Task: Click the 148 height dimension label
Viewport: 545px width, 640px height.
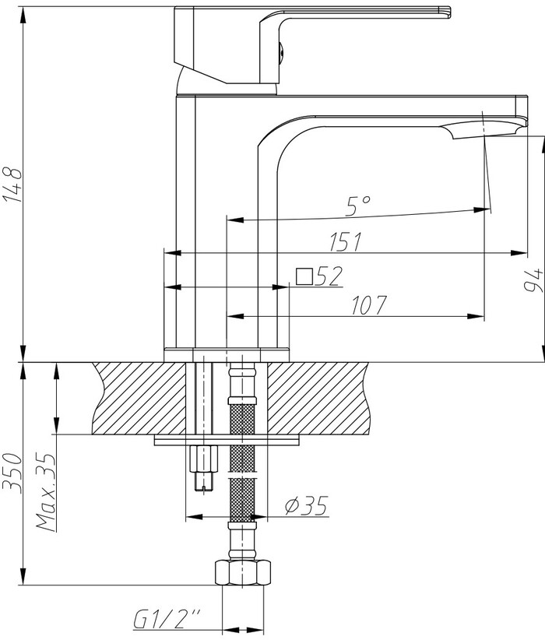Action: (x=12, y=185)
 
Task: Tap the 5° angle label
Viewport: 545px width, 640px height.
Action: (x=358, y=206)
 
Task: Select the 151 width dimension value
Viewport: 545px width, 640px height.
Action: (x=346, y=242)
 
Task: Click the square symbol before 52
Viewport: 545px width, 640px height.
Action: (x=304, y=276)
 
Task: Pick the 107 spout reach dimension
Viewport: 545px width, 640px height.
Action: (x=368, y=305)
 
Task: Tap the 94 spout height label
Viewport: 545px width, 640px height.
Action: (x=533, y=280)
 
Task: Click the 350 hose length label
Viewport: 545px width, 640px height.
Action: (x=12, y=473)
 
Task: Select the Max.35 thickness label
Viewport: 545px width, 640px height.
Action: (x=46, y=492)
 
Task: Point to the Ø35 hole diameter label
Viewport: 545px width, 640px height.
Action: (x=307, y=506)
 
